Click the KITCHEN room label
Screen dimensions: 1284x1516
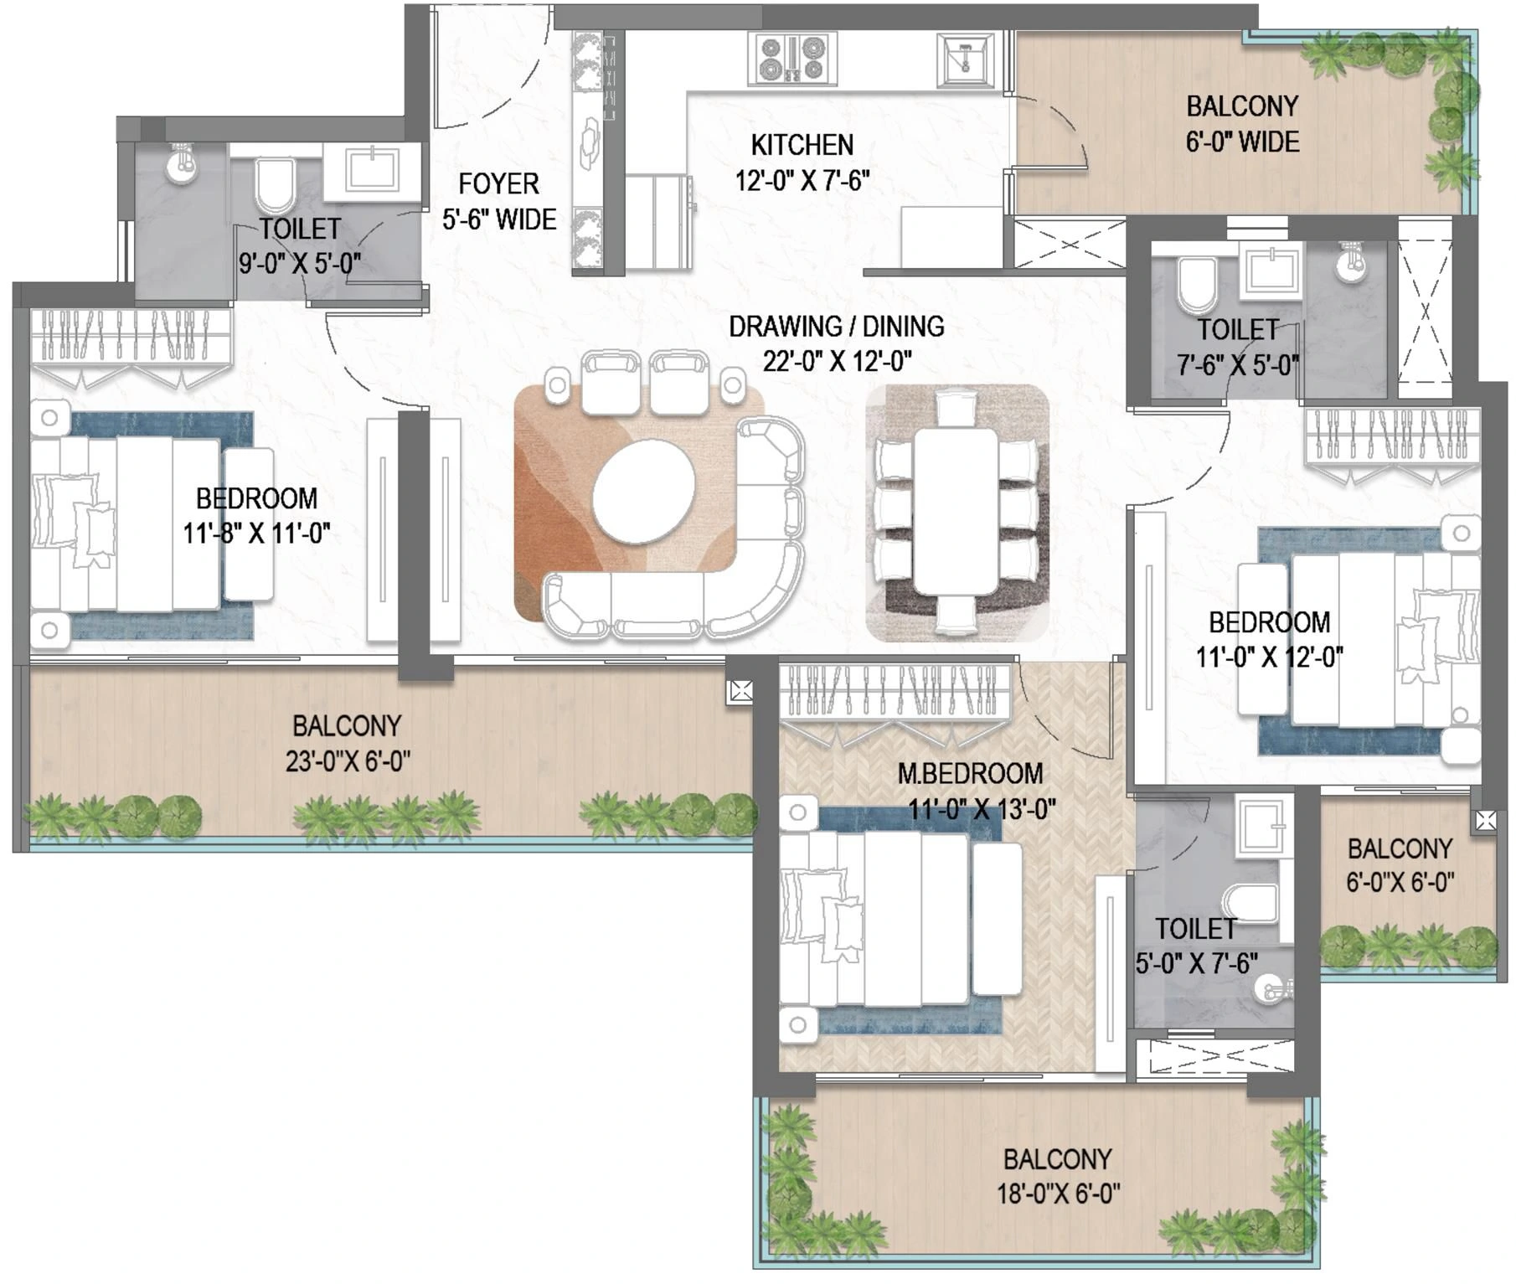[x=802, y=145]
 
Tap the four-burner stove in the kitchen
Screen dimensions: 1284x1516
[x=791, y=59]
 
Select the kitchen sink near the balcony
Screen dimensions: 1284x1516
[x=966, y=59]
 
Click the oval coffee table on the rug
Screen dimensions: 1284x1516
[x=643, y=494]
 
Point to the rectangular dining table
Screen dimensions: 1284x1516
[x=955, y=511]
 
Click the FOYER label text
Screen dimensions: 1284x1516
[x=498, y=184]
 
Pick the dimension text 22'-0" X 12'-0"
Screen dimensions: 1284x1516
[x=837, y=362]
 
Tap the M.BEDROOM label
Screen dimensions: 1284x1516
[x=970, y=773]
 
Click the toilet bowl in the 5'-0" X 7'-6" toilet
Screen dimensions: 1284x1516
[x=1250, y=903]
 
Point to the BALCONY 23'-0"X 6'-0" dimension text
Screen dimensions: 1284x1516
[x=348, y=761]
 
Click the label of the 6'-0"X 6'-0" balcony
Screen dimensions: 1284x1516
[x=1400, y=849]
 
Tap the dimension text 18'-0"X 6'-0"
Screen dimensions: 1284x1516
[x=1058, y=1194]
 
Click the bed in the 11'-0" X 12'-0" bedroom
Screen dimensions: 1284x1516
[x=1357, y=641]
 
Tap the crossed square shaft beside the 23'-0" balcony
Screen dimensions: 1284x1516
[x=741, y=691]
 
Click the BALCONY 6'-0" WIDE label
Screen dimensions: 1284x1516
[x=1242, y=124]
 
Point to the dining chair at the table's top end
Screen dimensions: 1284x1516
[x=955, y=409]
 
